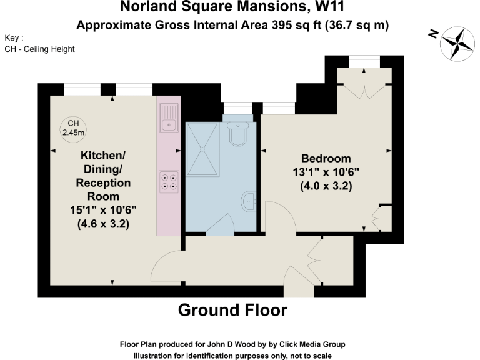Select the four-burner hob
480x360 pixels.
[x=169, y=181]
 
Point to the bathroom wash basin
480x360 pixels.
[x=249, y=201]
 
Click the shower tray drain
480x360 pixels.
[x=202, y=149]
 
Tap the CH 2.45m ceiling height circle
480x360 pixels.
[x=73, y=127]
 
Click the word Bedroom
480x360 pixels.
[x=326, y=158]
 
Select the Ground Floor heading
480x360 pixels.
[x=232, y=310]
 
